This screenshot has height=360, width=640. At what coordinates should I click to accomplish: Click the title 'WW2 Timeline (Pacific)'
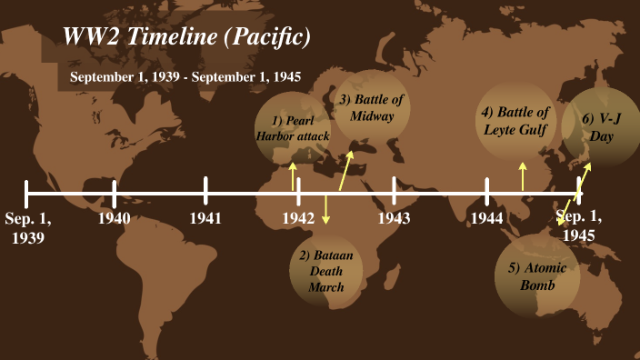point(187,37)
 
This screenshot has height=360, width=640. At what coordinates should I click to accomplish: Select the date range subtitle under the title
point(185,76)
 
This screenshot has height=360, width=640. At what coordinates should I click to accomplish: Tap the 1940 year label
point(115,218)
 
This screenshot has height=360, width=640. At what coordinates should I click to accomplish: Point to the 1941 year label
point(205,218)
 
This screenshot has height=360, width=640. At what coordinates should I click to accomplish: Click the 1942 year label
point(298,218)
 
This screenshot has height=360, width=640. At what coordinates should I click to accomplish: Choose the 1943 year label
point(394,218)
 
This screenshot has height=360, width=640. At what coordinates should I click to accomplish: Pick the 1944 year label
point(487,218)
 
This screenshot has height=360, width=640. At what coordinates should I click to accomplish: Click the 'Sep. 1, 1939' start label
point(28,227)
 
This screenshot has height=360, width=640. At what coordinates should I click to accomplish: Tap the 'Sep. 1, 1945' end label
point(578,225)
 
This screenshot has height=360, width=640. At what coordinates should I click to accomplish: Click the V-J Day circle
point(601,127)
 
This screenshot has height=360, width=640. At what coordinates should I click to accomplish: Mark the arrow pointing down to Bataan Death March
point(325,211)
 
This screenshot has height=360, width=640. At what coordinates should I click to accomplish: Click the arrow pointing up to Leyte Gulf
point(523,176)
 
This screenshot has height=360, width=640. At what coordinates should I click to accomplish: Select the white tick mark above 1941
point(205,191)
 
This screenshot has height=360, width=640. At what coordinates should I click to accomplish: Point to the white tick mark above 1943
point(394,191)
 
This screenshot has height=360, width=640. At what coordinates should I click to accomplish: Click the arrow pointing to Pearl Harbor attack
point(293,176)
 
